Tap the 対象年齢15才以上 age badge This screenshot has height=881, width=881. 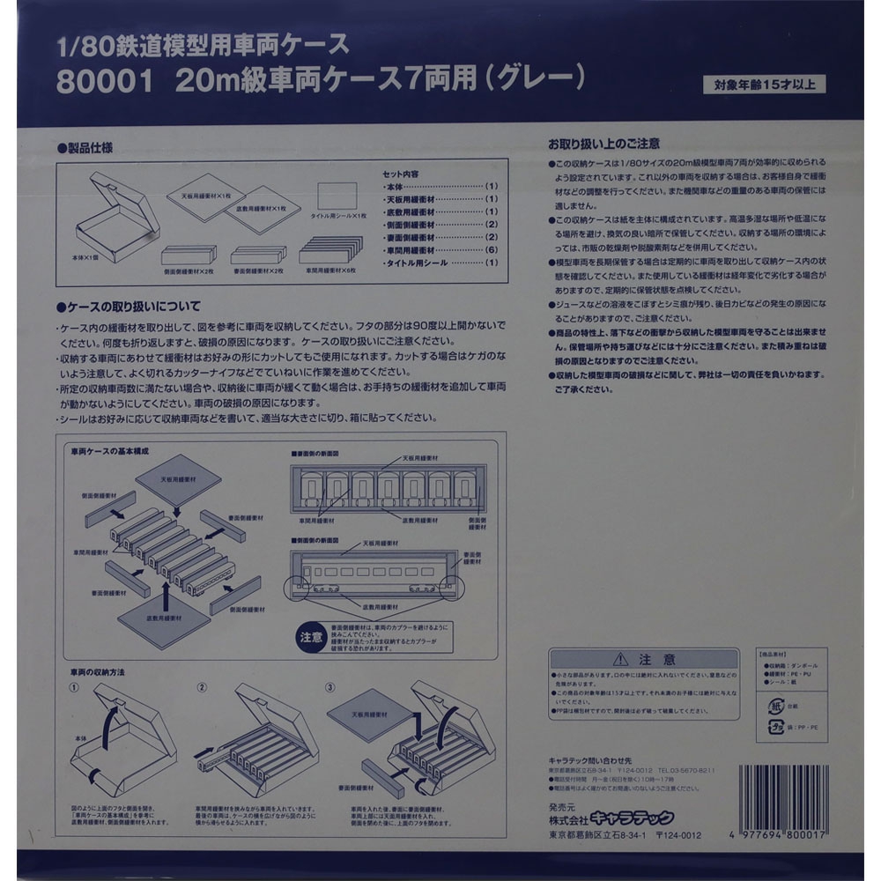(x=764, y=85)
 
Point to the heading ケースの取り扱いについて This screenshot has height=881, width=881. (x=131, y=307)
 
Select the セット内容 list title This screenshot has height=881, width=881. (x=401, y=174)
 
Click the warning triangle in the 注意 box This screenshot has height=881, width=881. (x=624, y=659)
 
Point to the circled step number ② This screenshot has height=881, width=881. (x=201, y=687)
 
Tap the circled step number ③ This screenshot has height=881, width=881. (x=330, y=687)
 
